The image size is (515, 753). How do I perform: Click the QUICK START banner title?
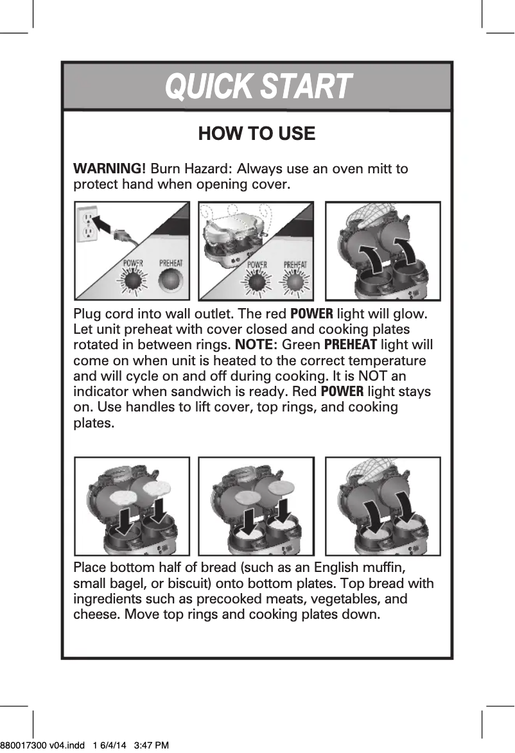(x=258, y=87)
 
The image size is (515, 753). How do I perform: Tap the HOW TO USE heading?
(x=257, y=134)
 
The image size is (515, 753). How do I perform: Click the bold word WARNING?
(x=110, y=169)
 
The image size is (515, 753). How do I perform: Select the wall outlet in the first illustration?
(x=87, y=225)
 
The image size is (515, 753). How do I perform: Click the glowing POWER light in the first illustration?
(x=134, y=281)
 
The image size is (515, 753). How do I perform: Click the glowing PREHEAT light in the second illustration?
(x=294, y=282)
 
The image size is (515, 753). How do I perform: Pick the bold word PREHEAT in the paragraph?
(x=351, y=345)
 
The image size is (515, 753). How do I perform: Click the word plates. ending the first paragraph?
(x=94, y=423)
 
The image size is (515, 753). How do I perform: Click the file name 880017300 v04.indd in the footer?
(x=42, y=745)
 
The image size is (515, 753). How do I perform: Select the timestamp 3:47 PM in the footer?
(x=152, y=745)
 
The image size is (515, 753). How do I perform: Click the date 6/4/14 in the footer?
(x=113, y=745)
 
